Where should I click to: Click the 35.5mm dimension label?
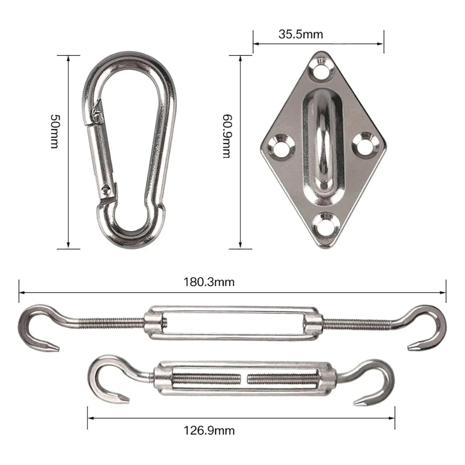(x=300, y=34)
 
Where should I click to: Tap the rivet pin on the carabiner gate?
(x=108, y=189)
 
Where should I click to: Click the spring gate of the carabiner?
(x=103, y=153)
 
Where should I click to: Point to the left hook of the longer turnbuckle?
(x=35, y=328)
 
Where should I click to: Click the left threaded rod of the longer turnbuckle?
(x=112, y=322)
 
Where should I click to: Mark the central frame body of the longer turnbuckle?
(x=232, y=322)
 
